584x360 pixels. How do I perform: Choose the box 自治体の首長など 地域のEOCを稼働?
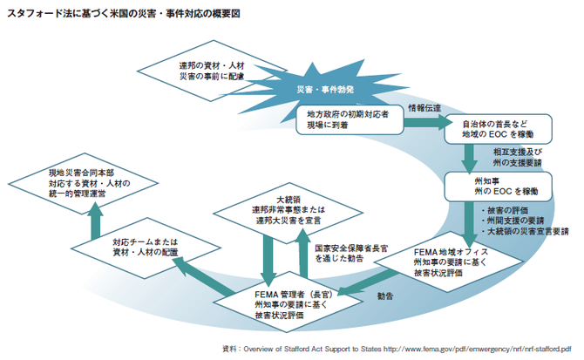tap(498, 131)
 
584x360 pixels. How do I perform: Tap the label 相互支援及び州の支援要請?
tap(516, 156)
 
